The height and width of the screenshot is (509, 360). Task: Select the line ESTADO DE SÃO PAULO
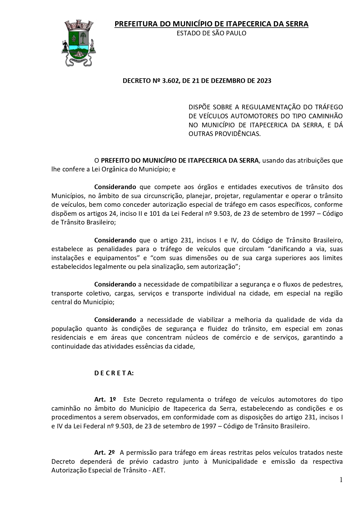point(211,33)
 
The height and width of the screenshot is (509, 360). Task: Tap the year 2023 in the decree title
point(264,81)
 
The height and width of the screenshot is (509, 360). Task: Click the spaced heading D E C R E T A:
point(114,373)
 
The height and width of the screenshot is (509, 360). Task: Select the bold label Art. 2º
point(104,452)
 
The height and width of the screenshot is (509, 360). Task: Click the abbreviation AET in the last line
point(159,470)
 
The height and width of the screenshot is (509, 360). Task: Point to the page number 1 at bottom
point(341,480)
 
